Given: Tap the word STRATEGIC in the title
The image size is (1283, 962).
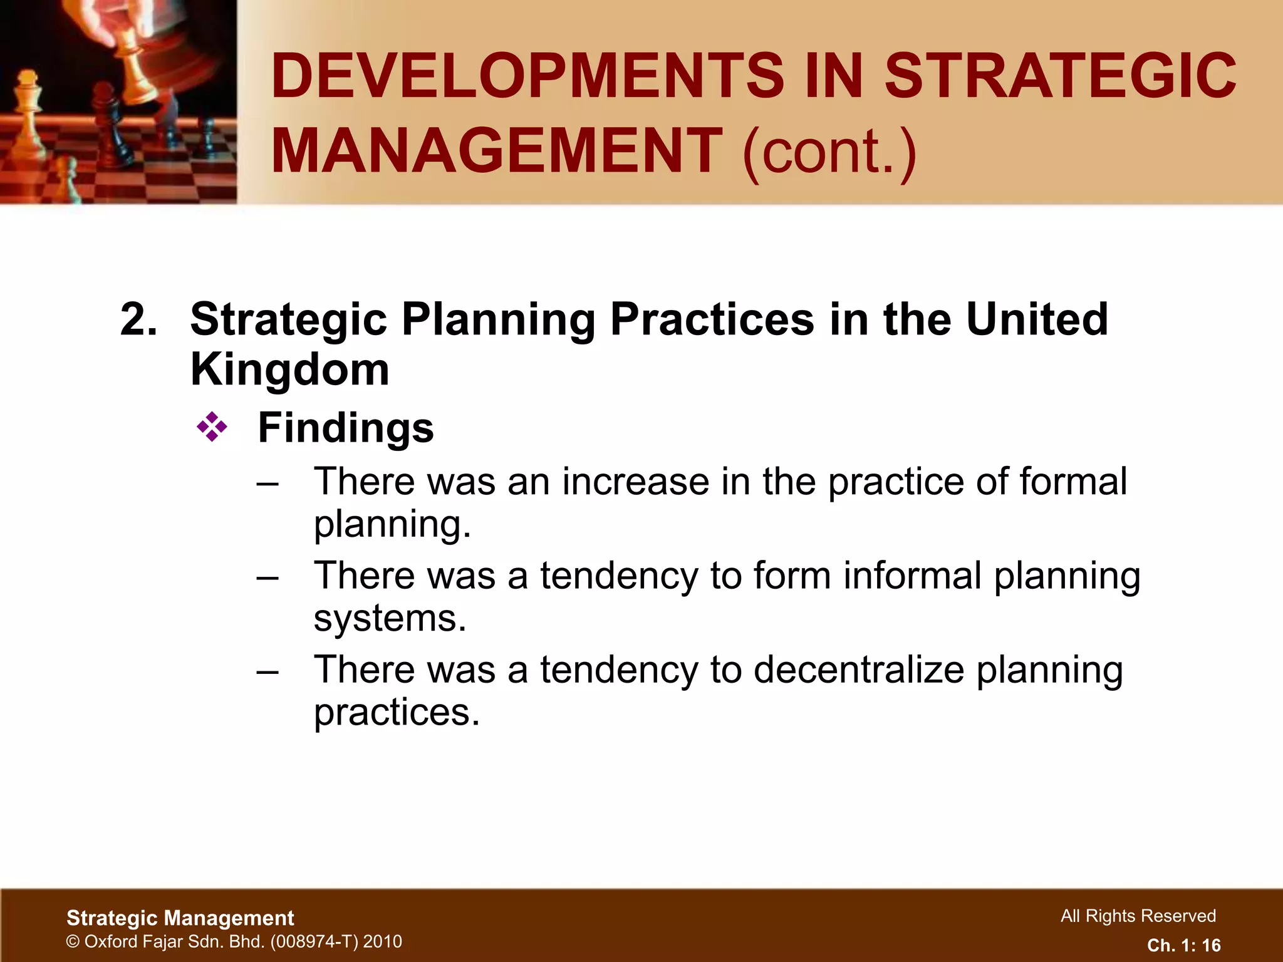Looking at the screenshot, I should (1060, 76).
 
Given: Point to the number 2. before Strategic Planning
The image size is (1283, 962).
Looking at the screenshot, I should (138, 319).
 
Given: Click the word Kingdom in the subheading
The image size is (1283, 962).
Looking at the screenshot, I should (289, 370).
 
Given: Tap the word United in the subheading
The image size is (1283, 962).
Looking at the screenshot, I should (1037, 319).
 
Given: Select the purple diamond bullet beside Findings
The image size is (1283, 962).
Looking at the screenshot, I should (212, 428).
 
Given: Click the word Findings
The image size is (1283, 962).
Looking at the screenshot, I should (346, 428).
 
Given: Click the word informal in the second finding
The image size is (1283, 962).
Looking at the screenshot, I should (912, 576).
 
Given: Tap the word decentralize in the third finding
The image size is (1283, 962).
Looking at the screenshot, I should (858, 670).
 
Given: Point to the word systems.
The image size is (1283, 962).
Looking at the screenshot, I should (390, 619).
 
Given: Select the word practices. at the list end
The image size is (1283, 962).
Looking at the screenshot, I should (397, 713).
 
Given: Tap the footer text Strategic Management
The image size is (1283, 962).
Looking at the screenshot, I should (180, 918).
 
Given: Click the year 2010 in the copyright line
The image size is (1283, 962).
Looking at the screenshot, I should (382, 941).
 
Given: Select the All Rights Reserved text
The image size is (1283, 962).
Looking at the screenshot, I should (1138, 916).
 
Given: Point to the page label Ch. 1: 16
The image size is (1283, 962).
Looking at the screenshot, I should (1183, 945).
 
